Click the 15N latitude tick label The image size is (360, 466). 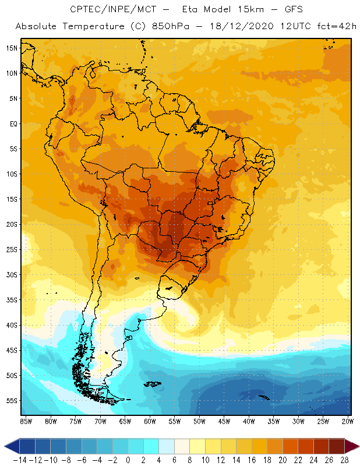pos(12,48)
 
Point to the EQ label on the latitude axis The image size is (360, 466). pos(13,123)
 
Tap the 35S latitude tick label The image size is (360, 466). pos(12,299)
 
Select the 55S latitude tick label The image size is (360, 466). pos(12,400)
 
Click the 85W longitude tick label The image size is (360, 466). pos(26,421)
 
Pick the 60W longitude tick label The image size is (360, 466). pos(150,421)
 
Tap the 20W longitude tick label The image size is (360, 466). pos(348,421)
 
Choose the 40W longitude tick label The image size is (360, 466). pos(249,421)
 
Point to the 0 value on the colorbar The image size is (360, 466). pos(128,460)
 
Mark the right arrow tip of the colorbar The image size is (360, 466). pos(356,446)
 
